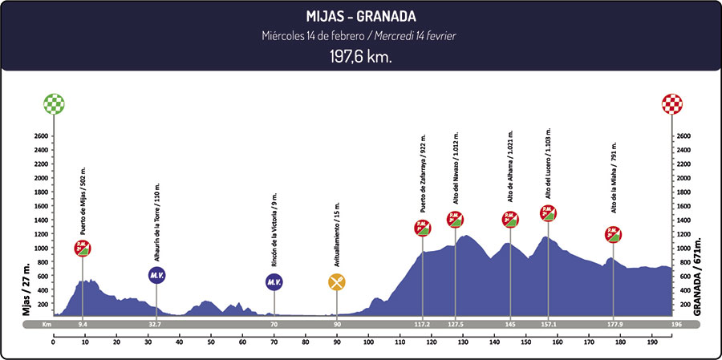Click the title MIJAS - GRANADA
pos(360,16)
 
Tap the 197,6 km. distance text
pos(360,58)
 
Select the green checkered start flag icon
pos(55,103)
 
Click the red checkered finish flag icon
pos(671,103)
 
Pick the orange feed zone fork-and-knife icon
pos(337,281)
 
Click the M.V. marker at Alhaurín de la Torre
pos(156,275)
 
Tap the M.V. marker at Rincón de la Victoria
pos(274,281)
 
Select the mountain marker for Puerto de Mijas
pos(83,248)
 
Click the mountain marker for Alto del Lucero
pos(548,212)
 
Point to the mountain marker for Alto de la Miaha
pos(614,235)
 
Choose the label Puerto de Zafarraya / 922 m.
pos(423,175)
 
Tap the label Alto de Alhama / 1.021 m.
pos(510,167)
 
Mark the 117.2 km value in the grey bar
pos(422,325)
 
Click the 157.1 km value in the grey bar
pos(548,325)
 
